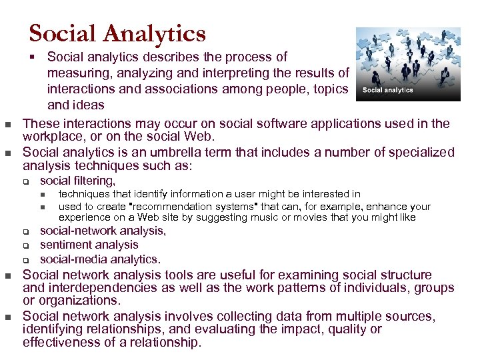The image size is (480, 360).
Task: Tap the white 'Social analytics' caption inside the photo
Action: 387,90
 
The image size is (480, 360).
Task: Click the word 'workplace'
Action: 55,137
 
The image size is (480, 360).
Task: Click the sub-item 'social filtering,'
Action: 77,181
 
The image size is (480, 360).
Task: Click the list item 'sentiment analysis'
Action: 89,245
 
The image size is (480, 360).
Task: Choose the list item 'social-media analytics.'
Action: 100,259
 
